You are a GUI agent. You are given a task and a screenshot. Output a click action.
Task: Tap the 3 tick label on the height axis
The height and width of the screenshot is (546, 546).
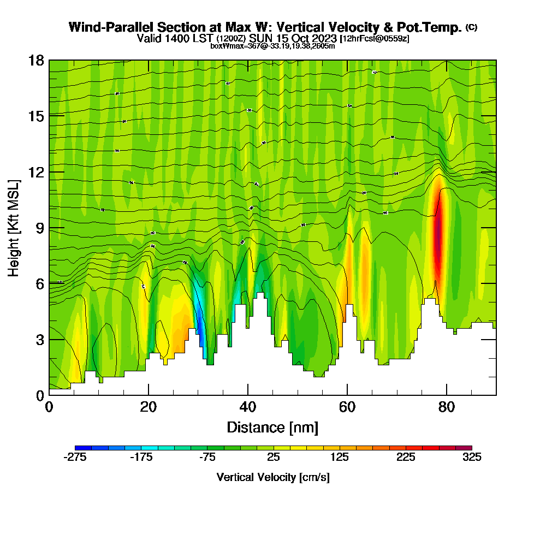pos(39,340)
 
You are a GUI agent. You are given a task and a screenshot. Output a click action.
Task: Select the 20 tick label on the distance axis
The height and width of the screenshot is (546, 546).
pos(149,408)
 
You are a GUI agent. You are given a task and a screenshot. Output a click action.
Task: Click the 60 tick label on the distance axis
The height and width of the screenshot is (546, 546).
pos(347,408)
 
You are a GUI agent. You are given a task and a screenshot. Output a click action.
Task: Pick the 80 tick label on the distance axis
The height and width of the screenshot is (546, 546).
pos(447,408)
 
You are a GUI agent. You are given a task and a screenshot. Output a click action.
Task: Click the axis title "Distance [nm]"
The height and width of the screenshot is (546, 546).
pos(272,427)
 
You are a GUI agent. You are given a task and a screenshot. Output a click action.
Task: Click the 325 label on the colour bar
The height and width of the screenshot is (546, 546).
pos(472,458)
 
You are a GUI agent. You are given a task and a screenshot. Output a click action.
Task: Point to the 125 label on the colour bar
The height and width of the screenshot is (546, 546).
pos(340,458)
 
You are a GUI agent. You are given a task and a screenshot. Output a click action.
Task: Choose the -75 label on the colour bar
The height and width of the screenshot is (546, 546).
pos(207,458)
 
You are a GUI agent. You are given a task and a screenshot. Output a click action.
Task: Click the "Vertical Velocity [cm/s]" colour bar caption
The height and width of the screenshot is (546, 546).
pos(273,477)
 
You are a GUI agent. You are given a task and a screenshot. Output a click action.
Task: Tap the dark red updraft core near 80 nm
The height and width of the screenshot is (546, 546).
pos(437,235)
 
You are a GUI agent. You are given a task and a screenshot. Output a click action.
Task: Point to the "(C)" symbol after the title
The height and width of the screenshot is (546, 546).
pos(471,27)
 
